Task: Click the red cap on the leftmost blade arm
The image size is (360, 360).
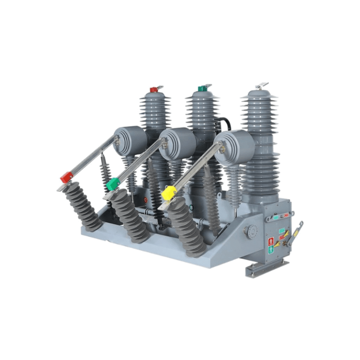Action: coord(67,178)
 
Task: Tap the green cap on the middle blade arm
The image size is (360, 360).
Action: coord(112,185)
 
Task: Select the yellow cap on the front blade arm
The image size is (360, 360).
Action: coord(169,192)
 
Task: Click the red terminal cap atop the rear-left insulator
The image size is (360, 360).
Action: coord(154,89)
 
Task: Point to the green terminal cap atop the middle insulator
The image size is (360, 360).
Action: coord(202,88)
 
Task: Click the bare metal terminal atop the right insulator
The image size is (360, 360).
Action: coord(261,86)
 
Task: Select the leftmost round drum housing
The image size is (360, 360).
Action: coord(130,140)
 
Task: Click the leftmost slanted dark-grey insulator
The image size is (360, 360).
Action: coord(83,208)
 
